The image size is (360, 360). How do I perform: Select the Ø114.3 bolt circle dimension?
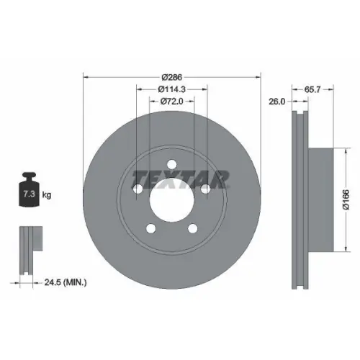173,89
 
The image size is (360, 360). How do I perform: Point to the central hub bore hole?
172,199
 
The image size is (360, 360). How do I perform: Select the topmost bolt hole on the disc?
172,165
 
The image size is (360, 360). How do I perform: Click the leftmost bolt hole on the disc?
138,189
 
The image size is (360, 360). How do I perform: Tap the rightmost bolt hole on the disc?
206,189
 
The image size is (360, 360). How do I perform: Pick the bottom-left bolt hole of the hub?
151,229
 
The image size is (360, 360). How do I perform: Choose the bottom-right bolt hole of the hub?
193,229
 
